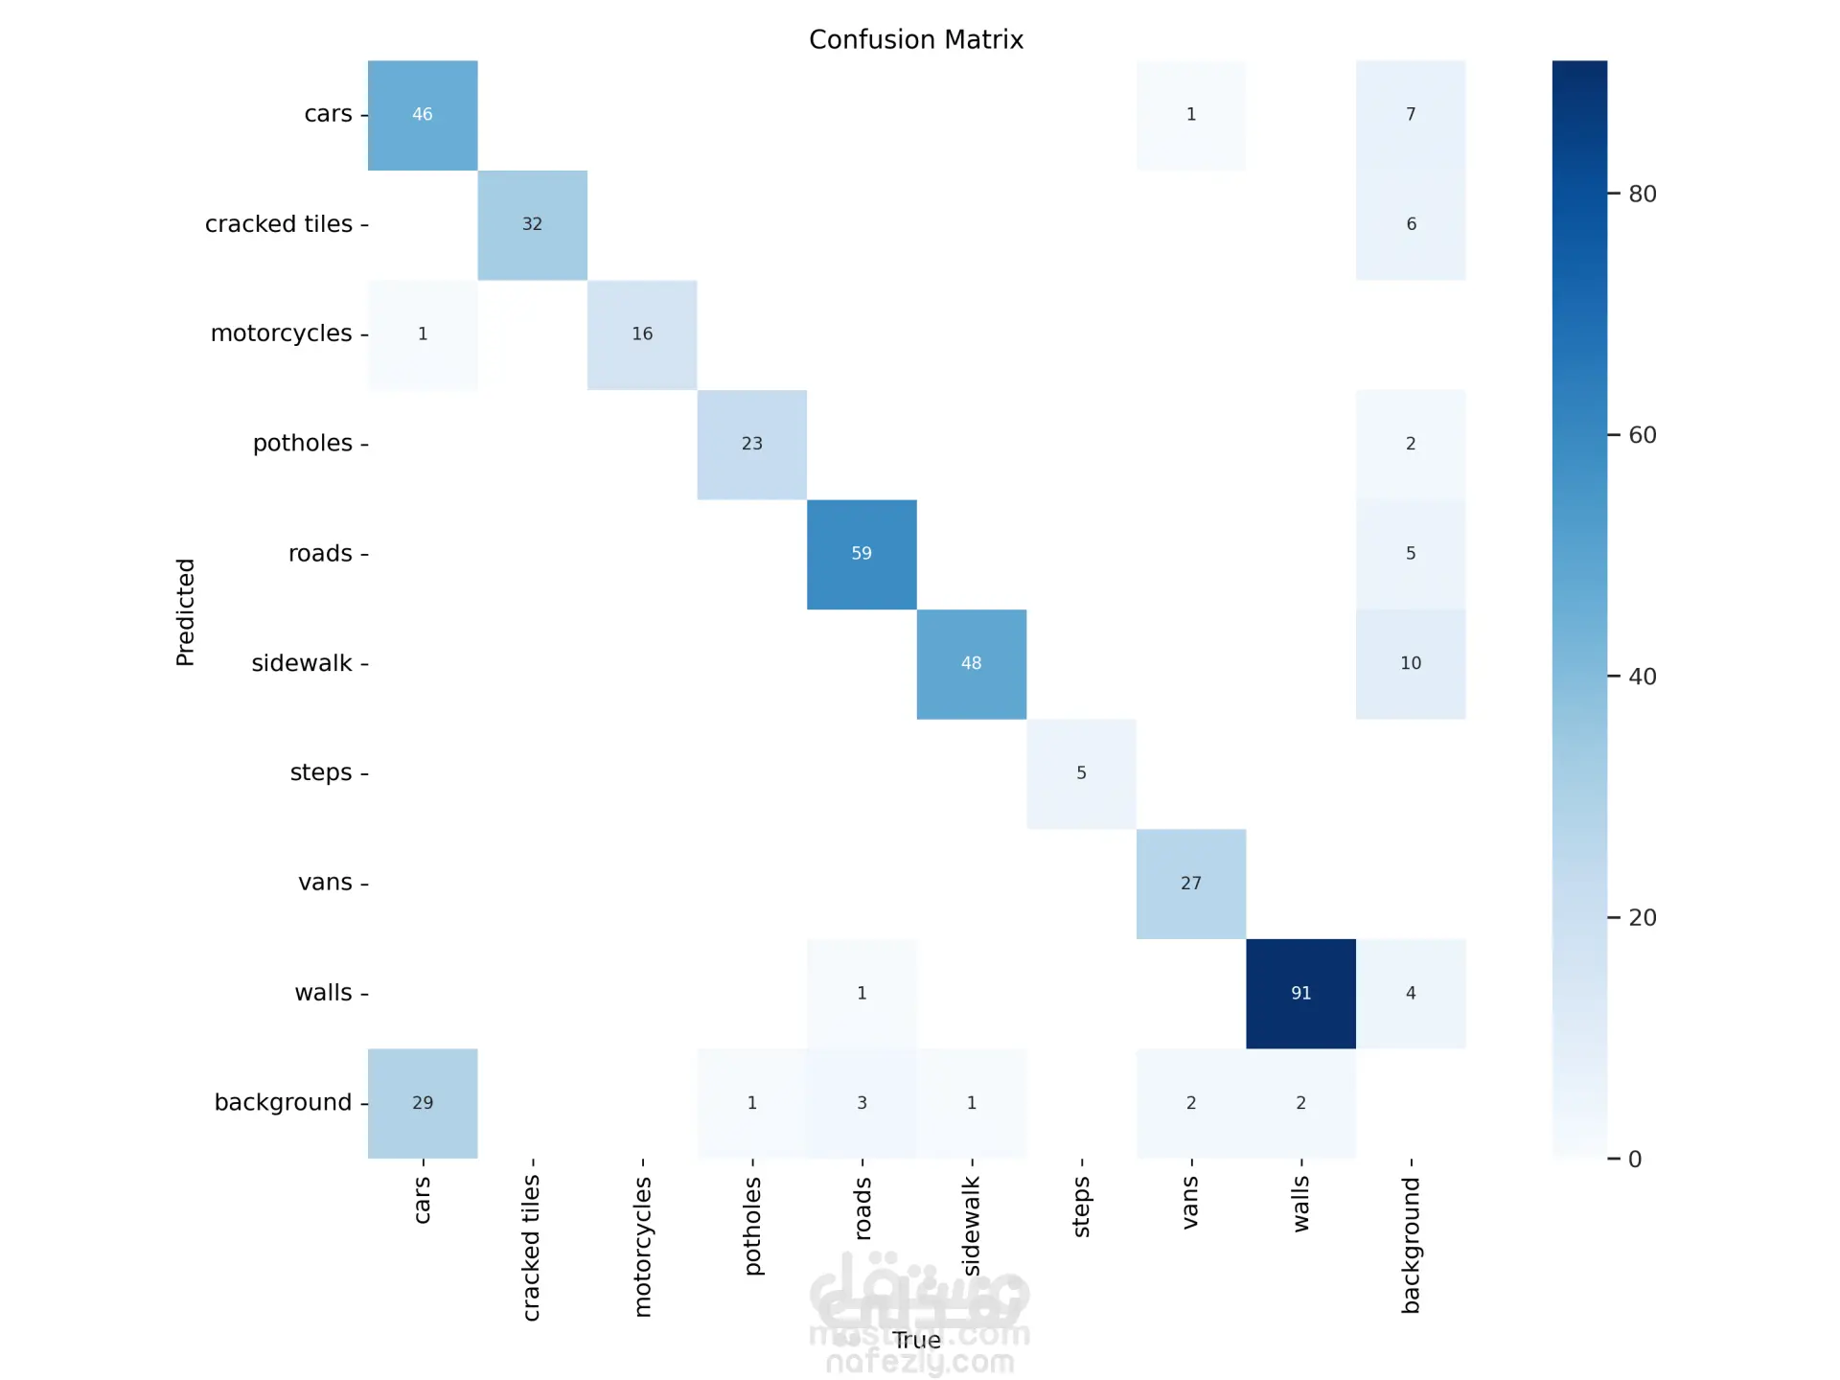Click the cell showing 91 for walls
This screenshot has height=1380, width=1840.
(x=1300, y=993)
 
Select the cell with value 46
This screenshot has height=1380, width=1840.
(x=423, y=115)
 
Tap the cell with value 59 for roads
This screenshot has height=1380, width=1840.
(x=862, y=554)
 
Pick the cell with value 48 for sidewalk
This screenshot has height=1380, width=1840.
(x=971, y=663)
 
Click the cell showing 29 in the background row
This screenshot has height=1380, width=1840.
(x=423, y=1103)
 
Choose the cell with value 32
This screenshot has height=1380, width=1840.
(x=532, y=224)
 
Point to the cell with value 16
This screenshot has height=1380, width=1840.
(x=642, y=334)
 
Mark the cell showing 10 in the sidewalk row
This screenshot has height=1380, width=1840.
(x=1411, y=663)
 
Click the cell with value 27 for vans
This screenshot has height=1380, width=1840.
(x=1191, y=884)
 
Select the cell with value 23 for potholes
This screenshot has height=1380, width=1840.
(x=751, y=444)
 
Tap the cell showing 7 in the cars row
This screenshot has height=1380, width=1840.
(x=1411, y=115)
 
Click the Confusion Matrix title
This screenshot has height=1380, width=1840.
(x=916, y=39)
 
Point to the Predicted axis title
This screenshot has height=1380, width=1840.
(x=185, y=611)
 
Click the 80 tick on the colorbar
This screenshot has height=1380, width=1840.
(x=1643, y=194)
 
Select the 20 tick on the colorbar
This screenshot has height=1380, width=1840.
(x=1643, y=918)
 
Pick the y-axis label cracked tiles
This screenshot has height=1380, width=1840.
(x=279, y=224)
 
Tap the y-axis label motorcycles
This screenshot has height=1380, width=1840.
(x=282, y=333)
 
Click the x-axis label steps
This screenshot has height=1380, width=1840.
(x=1082, y=1207)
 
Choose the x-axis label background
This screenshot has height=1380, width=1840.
(x=1411, y=1245)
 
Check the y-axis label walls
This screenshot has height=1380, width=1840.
(x=324, y=993)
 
